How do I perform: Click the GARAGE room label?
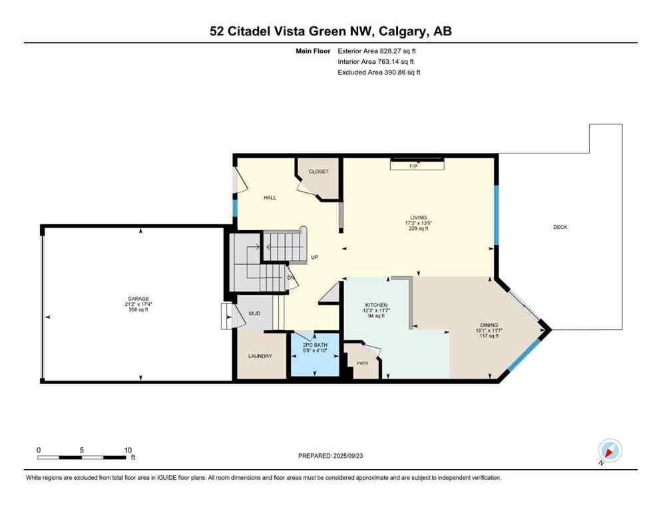point(138,298)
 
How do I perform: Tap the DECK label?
point(560,227)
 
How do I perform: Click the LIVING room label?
point(418,217)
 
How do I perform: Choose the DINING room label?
point(487,324)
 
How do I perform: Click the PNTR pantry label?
point(362,363)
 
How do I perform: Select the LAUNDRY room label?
point(260,356)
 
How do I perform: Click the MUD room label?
point(254,314)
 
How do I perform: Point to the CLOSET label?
point(318,172)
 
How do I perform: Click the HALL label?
point(270,198)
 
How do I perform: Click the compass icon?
point(609,450)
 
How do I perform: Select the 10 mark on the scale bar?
point(127,450)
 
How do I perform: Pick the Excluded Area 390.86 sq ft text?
point(379,72)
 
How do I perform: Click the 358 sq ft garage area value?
point(138,310)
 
